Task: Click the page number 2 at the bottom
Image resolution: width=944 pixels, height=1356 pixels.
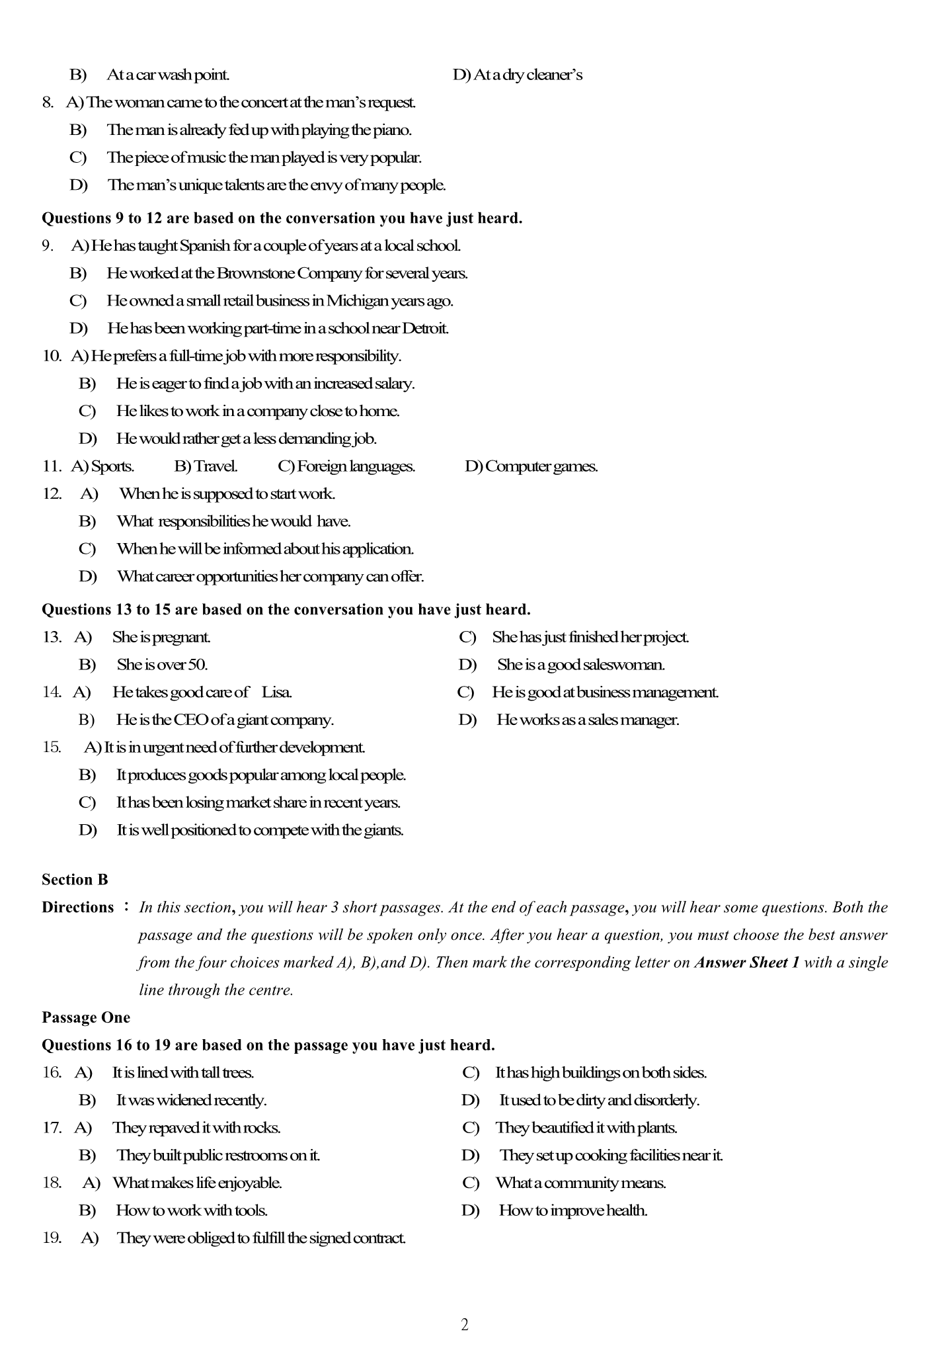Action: [x=464, y=1324]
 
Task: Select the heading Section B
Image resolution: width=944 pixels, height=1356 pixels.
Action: [x=75, y=880]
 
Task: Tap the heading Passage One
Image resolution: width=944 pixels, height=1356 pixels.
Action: [x=86, y=1017]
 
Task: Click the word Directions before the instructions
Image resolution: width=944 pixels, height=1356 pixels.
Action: [x=77, y=908]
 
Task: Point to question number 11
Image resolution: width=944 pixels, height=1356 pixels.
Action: [x=52, y=466]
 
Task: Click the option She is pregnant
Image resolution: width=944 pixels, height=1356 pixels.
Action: [x=161, y=637]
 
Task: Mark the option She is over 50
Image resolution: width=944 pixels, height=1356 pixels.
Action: [x=162, y=665]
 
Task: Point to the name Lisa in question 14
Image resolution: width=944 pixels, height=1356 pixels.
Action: [x=277, y=693]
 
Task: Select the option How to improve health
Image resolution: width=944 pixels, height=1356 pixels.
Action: [x=572, y=1210]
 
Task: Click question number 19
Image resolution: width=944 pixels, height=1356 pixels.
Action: [x=52, y=1238]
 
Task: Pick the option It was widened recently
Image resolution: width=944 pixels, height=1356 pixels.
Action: [x=191, y=1100]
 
